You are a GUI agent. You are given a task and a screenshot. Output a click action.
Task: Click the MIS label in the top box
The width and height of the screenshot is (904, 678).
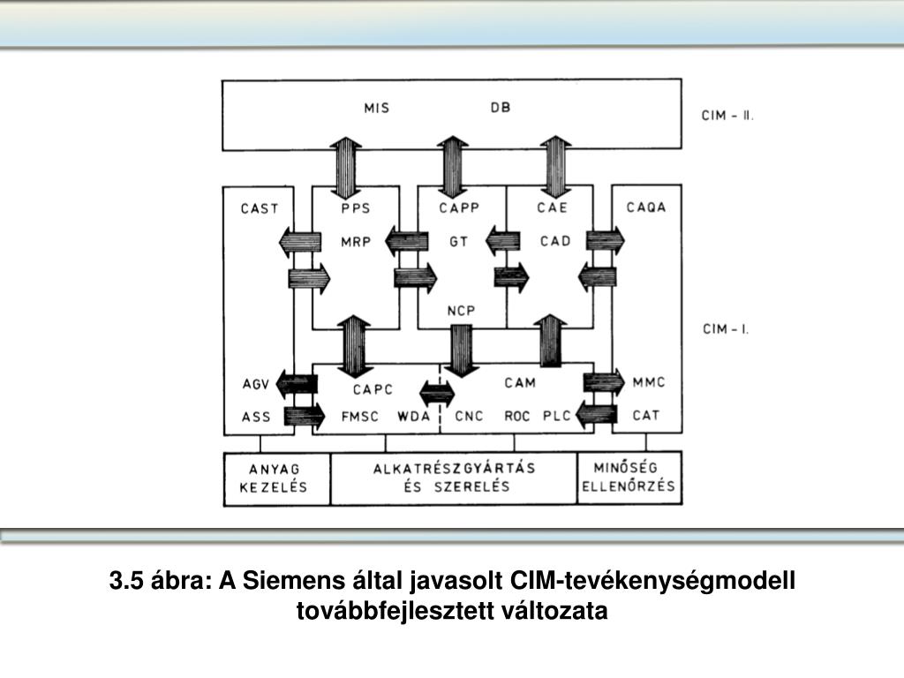click(x=377, y=109)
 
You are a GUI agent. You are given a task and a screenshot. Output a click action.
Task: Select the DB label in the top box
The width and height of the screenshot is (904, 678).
click(x=501, y=109)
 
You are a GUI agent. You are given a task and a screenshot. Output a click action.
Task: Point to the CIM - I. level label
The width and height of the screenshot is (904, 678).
click(x=726, y=329)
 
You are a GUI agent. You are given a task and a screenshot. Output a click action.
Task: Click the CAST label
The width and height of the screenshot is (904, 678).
click(x=259, y=209)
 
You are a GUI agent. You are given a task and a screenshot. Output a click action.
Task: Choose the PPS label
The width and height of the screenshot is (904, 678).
click(x=355, y=209)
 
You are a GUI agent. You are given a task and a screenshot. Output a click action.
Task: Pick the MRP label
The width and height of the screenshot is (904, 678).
click(x=356, y=240)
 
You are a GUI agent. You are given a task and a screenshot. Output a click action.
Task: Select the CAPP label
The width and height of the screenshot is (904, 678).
click(x=458, y=209)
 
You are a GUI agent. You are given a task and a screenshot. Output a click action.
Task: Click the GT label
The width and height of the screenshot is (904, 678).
click(x=458, y=240)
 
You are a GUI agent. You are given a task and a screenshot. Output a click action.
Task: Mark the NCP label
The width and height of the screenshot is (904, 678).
click(x=460, y=311)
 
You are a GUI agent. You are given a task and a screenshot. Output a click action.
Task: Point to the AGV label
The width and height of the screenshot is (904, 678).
click(x=255, y=384)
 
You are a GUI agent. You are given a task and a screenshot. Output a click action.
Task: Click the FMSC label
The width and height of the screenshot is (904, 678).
click(x=359, y=416)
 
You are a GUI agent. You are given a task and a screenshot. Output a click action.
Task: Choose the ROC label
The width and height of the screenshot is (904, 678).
click(x=517, y=416)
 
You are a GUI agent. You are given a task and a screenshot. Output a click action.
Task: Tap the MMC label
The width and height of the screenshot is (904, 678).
click(x=649, y=383)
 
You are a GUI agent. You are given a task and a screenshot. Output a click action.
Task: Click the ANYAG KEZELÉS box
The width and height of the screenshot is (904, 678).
click(x=277, y=478)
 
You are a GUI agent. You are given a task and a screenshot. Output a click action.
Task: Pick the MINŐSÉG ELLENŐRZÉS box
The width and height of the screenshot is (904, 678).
click(x=629, y=478)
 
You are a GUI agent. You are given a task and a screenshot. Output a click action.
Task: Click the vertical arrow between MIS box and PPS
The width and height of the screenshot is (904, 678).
click(x=345, y=166)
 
